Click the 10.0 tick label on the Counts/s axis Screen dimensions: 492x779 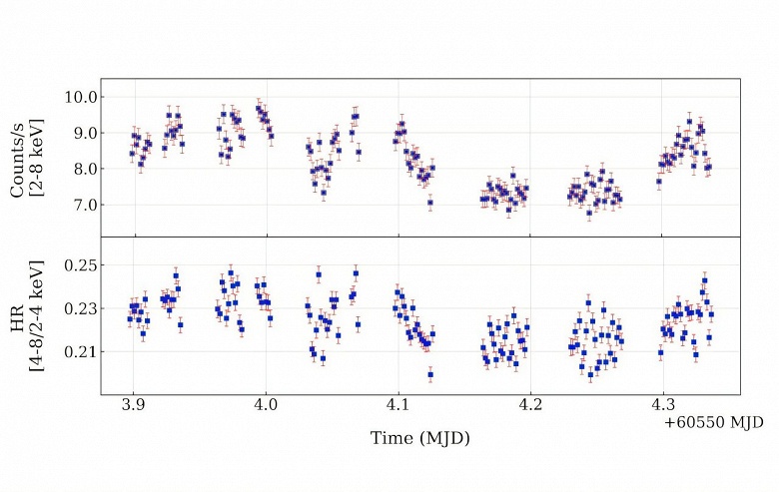pyautogui.click(x=81, y=97)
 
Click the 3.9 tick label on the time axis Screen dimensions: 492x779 pyautogui.click(x=132, y=407)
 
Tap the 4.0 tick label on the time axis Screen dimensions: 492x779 pyautogui.click(x=265, y=407)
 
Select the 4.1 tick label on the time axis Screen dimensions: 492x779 pyautogui.click(x=397, y=407)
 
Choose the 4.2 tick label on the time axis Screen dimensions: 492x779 pyautogui.click(x=529, y=407)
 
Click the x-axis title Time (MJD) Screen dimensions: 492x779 pyautogui.click(x=419, y=437)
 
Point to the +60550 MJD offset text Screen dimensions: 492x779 pyautogui.click(x=713, y=423)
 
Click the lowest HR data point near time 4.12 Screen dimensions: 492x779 pyautogui.click(x=430, y=374)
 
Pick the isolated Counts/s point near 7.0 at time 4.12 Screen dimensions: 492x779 pyautogui.click(x=430, y=203)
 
